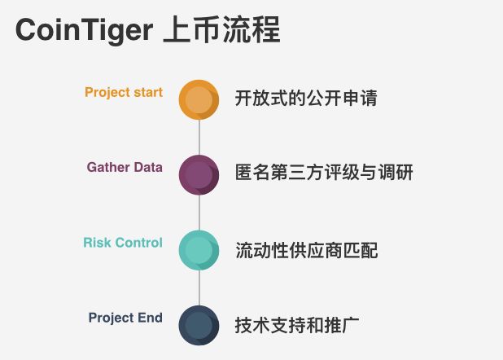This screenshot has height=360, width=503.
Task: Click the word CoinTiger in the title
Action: coord(84,31)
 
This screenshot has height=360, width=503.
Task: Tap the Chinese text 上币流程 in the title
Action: coord(222,31)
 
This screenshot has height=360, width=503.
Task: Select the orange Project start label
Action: coord(124,92)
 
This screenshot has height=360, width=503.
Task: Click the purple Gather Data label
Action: coord(125,168)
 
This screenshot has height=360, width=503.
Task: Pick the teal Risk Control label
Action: coord(123,243)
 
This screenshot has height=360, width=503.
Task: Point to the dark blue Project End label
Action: coord(125,318)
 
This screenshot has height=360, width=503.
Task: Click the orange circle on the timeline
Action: coord(199,99)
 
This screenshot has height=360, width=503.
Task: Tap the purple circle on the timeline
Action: coord(199,174)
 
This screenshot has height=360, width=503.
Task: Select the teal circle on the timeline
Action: coord(199,250)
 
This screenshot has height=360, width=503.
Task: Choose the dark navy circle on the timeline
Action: coord(199,325)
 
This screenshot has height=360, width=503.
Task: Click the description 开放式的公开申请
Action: coord(306,99)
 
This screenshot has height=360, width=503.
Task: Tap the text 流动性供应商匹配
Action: coord(306,250)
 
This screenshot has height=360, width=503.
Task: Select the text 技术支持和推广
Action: coord(297,325)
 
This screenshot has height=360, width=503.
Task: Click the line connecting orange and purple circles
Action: coord(199,137)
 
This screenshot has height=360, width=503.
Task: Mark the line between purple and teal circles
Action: coord(199,213)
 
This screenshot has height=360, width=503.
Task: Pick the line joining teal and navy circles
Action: coord(199,288)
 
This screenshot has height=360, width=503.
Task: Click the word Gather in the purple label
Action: coord(107,168)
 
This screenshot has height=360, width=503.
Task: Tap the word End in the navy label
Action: coord(149,318)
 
